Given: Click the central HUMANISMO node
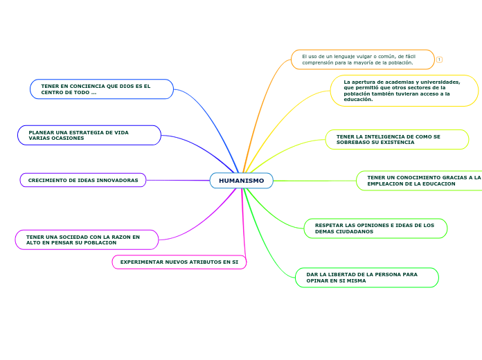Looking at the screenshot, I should click(x=241, y=181).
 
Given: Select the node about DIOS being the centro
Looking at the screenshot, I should click(x=102, y=89).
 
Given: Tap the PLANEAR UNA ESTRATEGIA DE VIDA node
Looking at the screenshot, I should click(x=89, y=135).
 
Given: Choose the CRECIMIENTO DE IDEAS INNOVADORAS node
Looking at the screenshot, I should click(x=83, y=180).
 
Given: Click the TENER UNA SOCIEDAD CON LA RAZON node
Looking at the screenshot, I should click(x=87, y=240).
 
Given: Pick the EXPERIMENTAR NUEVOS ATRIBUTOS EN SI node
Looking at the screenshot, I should click(x=179, y=262).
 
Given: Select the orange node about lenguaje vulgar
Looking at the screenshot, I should click(x=362, y=60).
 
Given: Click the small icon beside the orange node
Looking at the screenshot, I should click(x=439, y=60).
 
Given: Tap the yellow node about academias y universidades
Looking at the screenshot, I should click(x=404, y=91).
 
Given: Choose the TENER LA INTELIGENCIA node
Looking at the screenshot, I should click(x=396, y=139).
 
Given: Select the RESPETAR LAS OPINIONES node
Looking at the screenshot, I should click(x=375, y=228).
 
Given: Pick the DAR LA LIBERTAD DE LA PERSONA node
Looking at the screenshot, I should click(x=366, y=278).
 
